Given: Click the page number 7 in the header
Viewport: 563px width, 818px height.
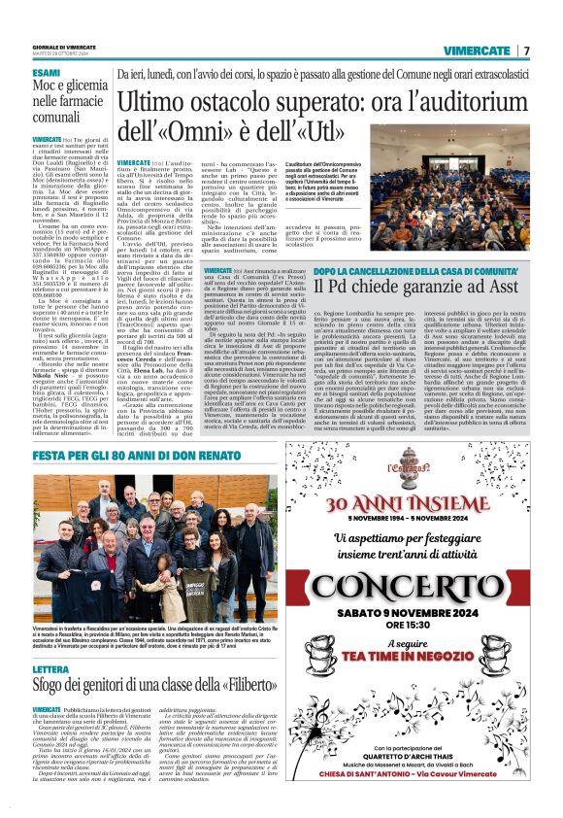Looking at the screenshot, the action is (x=525, y=50).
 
